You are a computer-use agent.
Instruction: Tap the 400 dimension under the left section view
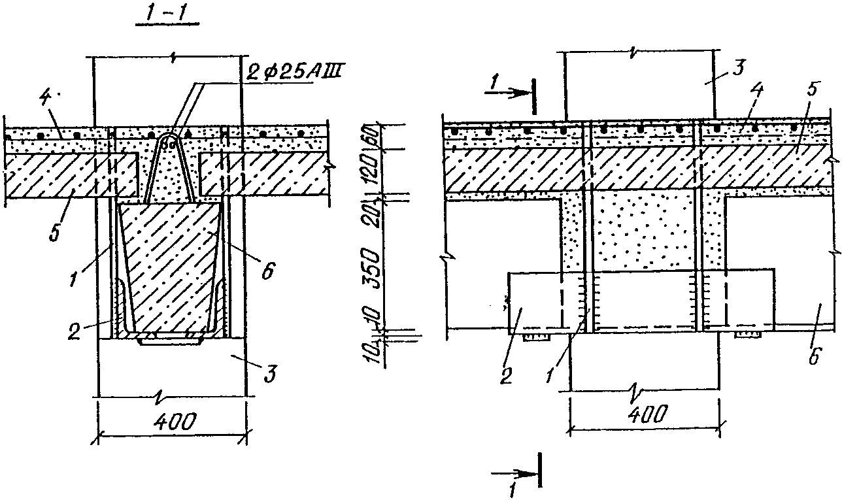pyautogui.click(x=174, y=422)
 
